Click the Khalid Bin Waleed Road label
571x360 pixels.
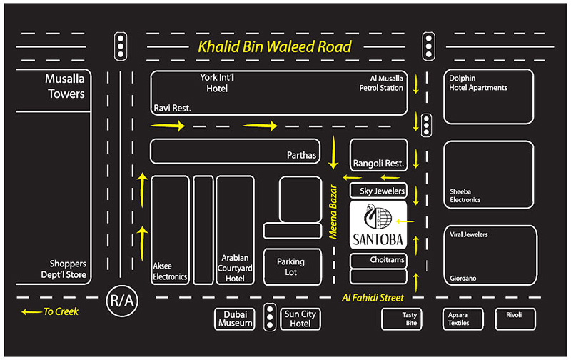[x=275, y=46]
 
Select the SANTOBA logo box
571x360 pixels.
[x=378, y=225]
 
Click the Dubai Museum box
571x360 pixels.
[x=235, y=319]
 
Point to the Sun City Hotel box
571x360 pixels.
[x=300, y=319]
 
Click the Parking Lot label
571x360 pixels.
[x=290, y=266]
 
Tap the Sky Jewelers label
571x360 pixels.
[x=382, y=191]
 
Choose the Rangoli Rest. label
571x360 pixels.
[x=379, y=164]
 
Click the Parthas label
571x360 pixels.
[x=301, y=155]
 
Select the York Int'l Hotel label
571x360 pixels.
[x=217, y=83]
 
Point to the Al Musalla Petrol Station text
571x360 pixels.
[x=381, y=83]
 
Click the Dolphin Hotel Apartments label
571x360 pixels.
[x=477, y=83]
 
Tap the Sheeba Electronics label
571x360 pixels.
[x=465, y=196]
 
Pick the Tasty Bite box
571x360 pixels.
[x=402, y=319]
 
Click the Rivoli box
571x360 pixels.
[x=515, y=319]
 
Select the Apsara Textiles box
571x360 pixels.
[x=463, y=319]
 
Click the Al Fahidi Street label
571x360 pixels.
[x=373, y=298]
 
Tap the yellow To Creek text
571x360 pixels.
[x=61, y=311]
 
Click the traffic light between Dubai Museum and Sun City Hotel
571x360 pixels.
[x=270, y=317]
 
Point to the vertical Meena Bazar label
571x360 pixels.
[x=333, y=211]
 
